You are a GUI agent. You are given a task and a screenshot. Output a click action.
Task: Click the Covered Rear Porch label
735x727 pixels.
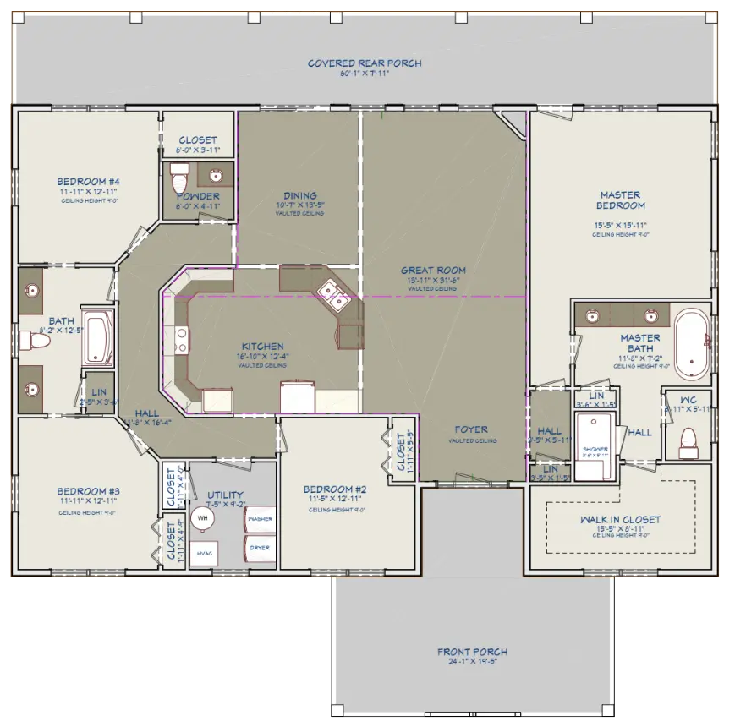click(x=365, y=63)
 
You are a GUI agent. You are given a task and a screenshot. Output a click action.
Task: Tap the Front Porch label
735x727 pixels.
click(x=472, y=652)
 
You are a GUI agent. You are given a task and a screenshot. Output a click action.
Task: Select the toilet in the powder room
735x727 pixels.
click(x=178, y=179)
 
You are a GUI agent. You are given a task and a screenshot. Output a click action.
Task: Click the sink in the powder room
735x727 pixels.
click(x=215, y=177)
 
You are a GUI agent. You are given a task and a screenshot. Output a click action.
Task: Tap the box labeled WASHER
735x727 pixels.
click(x=260, y=517)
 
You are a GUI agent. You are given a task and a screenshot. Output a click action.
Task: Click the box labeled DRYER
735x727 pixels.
click(x=260, y=547)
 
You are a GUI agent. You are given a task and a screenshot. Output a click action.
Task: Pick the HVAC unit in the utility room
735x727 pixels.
click(x=204, y=552)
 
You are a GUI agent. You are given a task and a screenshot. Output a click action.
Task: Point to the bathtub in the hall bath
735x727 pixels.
click(x=97, y=336)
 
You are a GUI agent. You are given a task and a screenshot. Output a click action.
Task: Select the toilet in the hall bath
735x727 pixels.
click(x=34, y=341)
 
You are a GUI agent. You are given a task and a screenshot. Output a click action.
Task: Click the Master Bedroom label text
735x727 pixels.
click(x=621, y=200)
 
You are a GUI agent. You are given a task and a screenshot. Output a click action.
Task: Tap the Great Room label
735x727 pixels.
click(x=433, y=271)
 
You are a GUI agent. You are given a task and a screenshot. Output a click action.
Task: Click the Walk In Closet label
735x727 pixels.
click(x=620, y=520)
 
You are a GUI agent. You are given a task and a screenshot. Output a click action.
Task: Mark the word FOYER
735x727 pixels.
click(x=472, y=429)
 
